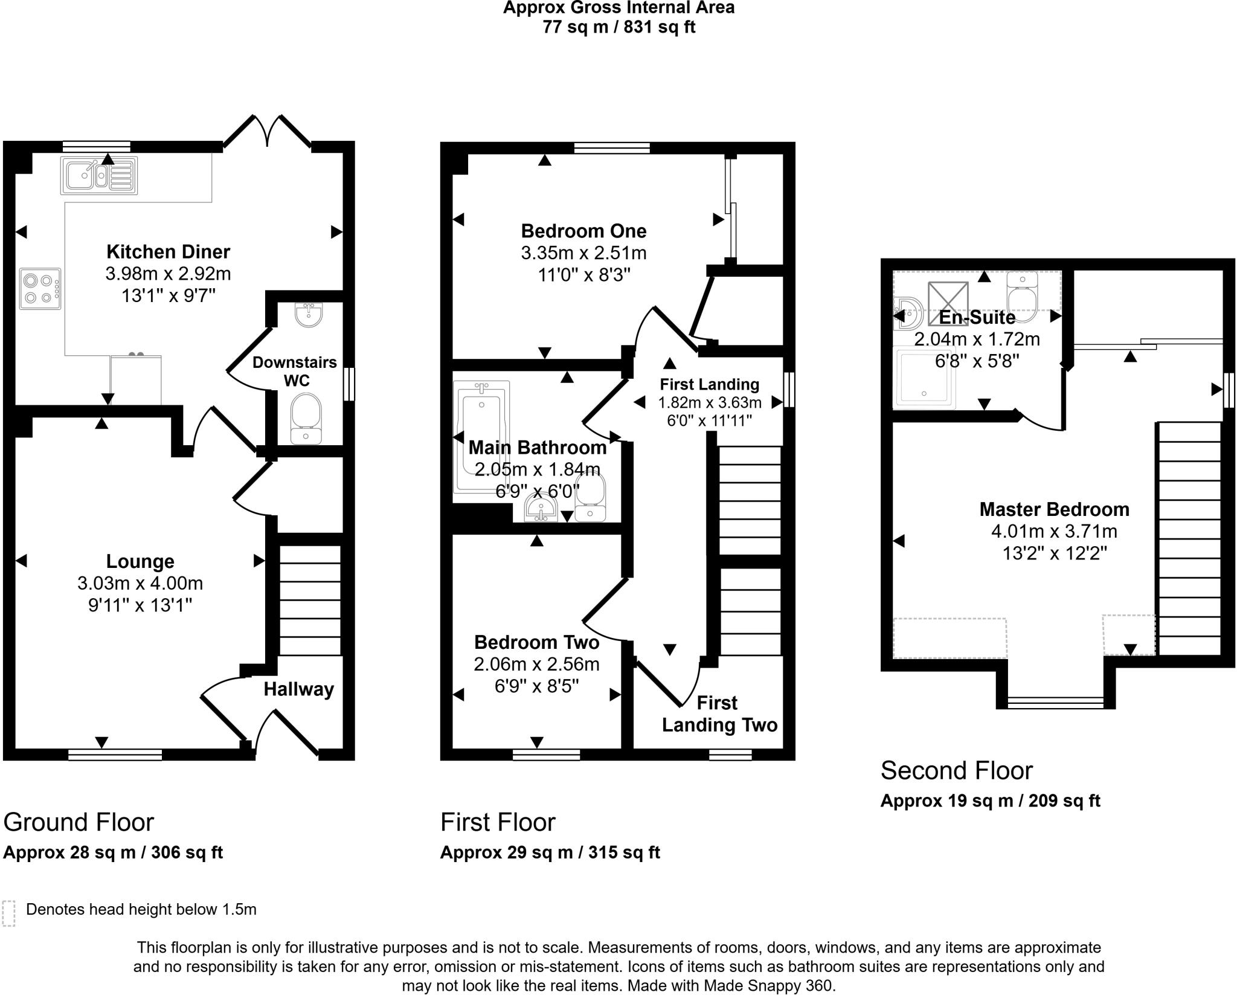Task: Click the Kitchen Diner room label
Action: [x=169, y=251]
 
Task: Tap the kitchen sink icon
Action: [x=99, y=175]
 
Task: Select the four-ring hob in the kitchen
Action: [x=40, y=289]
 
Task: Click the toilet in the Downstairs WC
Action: [x=306, y=419]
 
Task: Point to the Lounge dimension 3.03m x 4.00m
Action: [x=140, y=584]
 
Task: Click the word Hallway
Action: [x=299, y=689]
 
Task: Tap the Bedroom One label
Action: [x=583, y=231]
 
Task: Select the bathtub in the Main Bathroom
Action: [x=481, y=437]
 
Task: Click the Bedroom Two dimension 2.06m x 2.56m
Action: [x=536, y=665]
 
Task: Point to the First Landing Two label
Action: [x=719, y=713]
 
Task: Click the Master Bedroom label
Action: [x=1054, y=509]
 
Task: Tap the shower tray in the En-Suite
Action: [x=925, y=378]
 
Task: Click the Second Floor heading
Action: [x=956, y=771]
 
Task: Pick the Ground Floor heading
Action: [x=79, y=822]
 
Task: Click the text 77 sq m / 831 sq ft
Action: [x=619, y=27]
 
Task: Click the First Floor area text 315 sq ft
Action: [x=624, y=852]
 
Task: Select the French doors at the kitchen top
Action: [x=267, y=131]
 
